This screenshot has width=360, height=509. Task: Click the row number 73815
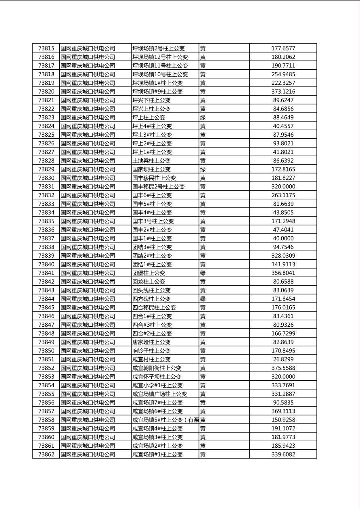tap(46, 48)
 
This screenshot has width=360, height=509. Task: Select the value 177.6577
tap(283, 48)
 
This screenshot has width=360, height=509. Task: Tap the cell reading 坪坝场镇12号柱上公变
tap(160, 57)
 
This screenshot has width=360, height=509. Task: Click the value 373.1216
tap(283, 92)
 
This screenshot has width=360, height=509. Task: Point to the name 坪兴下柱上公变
tap(151, 100)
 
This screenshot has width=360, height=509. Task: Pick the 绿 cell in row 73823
tap(203, 117)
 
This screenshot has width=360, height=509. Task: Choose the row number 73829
tap(46, 169)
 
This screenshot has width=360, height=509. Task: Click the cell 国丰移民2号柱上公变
tap(158, 187)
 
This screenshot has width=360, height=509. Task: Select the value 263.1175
tap(283, 195)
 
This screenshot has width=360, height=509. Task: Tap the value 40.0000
tap(283, 238)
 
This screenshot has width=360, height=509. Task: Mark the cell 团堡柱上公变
tap(149, 273)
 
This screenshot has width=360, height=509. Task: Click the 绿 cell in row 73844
tap(203, 299)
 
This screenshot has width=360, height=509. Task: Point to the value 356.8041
tap(283, 273)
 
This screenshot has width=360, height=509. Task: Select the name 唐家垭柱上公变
tap(151, 342)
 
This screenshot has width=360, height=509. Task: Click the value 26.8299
tap(283, 359)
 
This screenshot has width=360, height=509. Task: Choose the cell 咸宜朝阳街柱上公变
tap(157, 368)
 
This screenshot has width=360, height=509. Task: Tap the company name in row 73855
tap(88, 394)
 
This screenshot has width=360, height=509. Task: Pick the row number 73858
tap(46, 420)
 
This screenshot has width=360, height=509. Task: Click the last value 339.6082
tap(283, 455)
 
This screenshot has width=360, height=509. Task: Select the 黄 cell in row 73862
tap(203, 455)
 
